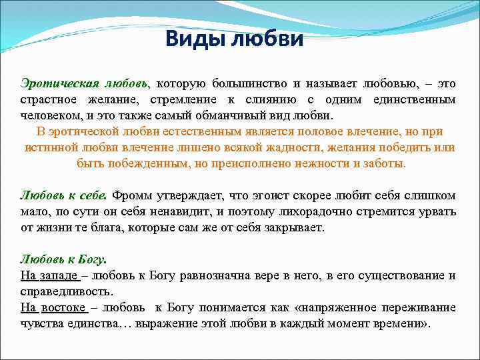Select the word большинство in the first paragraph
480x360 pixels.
[250, 83]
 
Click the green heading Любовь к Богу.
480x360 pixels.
[63, 259]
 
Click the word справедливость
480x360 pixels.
[66, 291]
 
